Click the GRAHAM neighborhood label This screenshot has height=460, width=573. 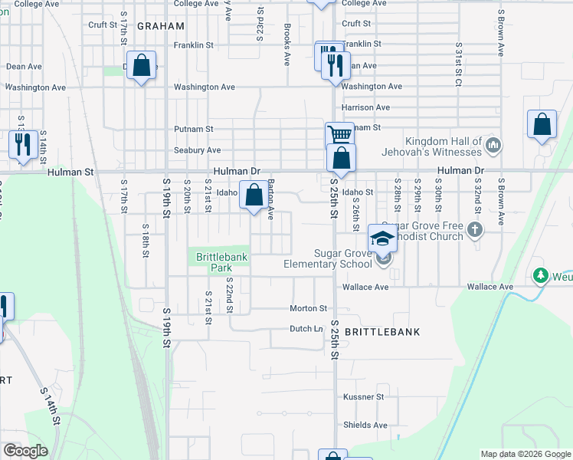click(x=161, y=25)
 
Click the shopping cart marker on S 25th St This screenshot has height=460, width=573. click(x=339, y=136)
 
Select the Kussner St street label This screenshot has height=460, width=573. click(x=364, y=397)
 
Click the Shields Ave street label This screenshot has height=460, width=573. click(x=365, y=425)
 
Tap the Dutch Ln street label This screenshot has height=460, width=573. click(x=306, y=329)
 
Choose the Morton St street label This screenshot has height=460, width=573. click(x=308, y=308)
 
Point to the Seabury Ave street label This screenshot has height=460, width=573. click(x=197, y=150)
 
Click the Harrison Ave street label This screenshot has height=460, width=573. click(x=366, y=107)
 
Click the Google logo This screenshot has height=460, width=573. click(x=25, y=451)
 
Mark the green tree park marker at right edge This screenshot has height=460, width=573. click(x=542, y=274)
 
